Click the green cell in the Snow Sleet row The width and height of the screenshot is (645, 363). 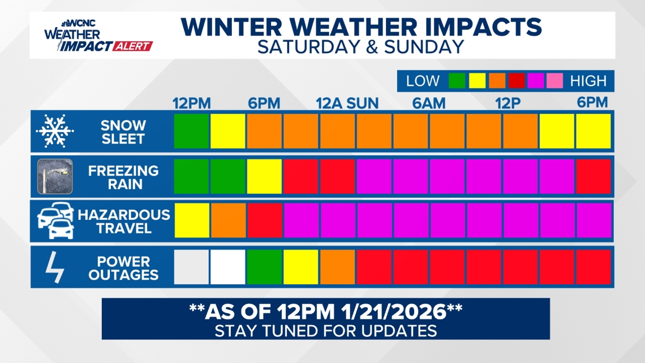[191, 131]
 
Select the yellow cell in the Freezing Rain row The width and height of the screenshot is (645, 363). [264, 176]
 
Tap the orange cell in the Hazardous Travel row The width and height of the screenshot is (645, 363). [228, 220]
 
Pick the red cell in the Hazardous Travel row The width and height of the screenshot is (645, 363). [264, 220]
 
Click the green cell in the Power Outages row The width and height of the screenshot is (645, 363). [264, 267]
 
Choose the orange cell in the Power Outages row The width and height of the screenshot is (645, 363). [338, 267]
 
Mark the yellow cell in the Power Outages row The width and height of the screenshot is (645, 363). [301, 267]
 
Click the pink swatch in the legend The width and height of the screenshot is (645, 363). [555, 81]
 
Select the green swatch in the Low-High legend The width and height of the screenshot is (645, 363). [457, 81]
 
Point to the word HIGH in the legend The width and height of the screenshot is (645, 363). [588, 81]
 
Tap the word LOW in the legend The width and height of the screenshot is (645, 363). [423, 81]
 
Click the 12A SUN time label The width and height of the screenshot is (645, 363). [347, 104]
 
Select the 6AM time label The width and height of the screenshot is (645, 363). [428, 104]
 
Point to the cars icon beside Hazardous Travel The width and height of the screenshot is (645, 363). [55, 221]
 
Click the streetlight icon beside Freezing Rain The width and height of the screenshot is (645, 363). [54, 176]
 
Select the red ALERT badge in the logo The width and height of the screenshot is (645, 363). [132, 46]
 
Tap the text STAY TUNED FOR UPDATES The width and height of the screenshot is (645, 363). [325, 330]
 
